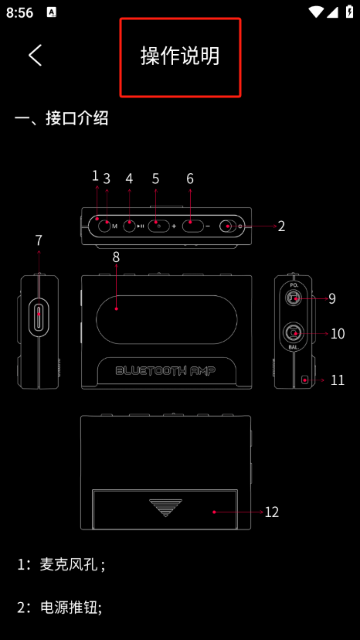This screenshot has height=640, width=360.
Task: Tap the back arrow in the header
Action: pos(35,55)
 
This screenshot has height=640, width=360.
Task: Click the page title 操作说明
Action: pos(180,56)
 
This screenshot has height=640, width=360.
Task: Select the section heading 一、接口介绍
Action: pos(62,118)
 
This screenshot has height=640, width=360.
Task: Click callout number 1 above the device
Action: pos(96,175)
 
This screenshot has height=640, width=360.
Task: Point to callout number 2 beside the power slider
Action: pos(281,226)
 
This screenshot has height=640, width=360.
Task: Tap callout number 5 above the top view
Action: pos(155,179)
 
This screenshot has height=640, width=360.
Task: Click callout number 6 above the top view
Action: pos(190,179)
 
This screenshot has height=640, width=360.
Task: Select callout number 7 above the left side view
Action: pos(39,240)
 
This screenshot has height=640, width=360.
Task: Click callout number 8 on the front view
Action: pos(116,257)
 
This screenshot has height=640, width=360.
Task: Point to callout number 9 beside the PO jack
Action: pos(331,298)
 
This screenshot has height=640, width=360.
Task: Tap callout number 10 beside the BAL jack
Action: pos(337,334)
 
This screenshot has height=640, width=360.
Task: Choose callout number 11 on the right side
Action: pos(337,380)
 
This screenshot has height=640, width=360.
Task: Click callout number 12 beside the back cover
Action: pos(271,512)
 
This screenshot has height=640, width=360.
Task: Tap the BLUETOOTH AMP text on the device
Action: pos(165,370)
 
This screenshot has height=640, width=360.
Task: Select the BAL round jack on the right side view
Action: pos(293,332)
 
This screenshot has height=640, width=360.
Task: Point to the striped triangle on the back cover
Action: pos(165,507)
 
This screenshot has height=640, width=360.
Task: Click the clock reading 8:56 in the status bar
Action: pos(19,12)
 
